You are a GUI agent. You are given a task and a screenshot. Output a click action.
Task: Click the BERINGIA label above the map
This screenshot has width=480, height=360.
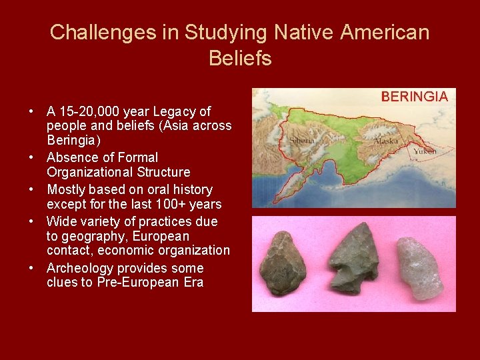pos(414,97)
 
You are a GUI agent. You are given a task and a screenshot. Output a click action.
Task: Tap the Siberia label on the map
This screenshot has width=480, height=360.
pos(303,141)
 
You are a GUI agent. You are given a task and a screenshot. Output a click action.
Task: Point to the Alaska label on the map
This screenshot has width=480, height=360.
pos(385,140)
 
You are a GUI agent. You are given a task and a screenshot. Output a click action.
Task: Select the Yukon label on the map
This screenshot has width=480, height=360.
pos(425,151)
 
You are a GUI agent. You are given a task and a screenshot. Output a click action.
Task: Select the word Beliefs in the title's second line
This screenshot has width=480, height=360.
pos(240,59)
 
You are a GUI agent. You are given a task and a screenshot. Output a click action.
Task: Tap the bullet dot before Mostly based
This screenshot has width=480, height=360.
pos(32,189)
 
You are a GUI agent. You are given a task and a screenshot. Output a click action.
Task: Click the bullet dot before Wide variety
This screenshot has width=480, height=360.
pos(32,221)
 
